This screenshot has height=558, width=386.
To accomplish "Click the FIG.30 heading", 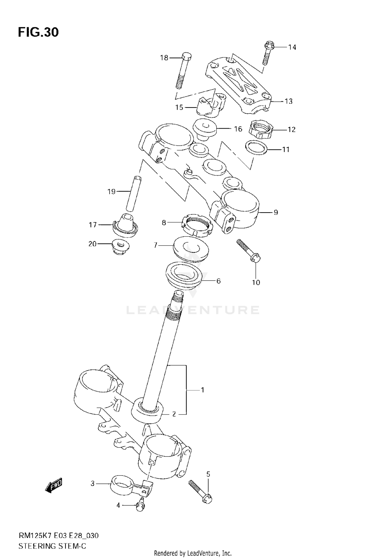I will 38,32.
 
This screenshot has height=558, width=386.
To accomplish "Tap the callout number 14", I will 292,47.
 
